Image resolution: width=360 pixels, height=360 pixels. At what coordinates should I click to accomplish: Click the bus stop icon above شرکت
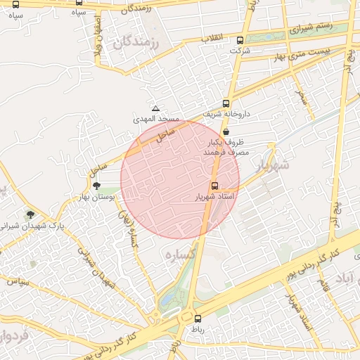240,41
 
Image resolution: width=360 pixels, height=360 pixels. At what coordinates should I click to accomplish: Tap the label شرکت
240,51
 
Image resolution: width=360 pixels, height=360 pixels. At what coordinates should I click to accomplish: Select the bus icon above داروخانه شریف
226,103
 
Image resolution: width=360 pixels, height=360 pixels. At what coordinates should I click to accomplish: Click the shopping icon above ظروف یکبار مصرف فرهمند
226,131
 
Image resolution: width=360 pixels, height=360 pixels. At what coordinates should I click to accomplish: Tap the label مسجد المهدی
156,120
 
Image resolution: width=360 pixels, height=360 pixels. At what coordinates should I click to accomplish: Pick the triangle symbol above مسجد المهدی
156,109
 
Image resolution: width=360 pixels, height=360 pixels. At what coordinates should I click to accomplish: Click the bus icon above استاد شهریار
215,186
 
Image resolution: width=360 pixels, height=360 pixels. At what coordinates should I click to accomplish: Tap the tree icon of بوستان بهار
96,185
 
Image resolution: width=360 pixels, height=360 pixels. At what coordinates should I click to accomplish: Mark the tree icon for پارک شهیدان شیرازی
30,214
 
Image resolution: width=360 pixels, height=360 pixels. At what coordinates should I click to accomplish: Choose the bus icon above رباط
198,318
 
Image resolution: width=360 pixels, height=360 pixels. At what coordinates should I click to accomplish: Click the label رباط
198,328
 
